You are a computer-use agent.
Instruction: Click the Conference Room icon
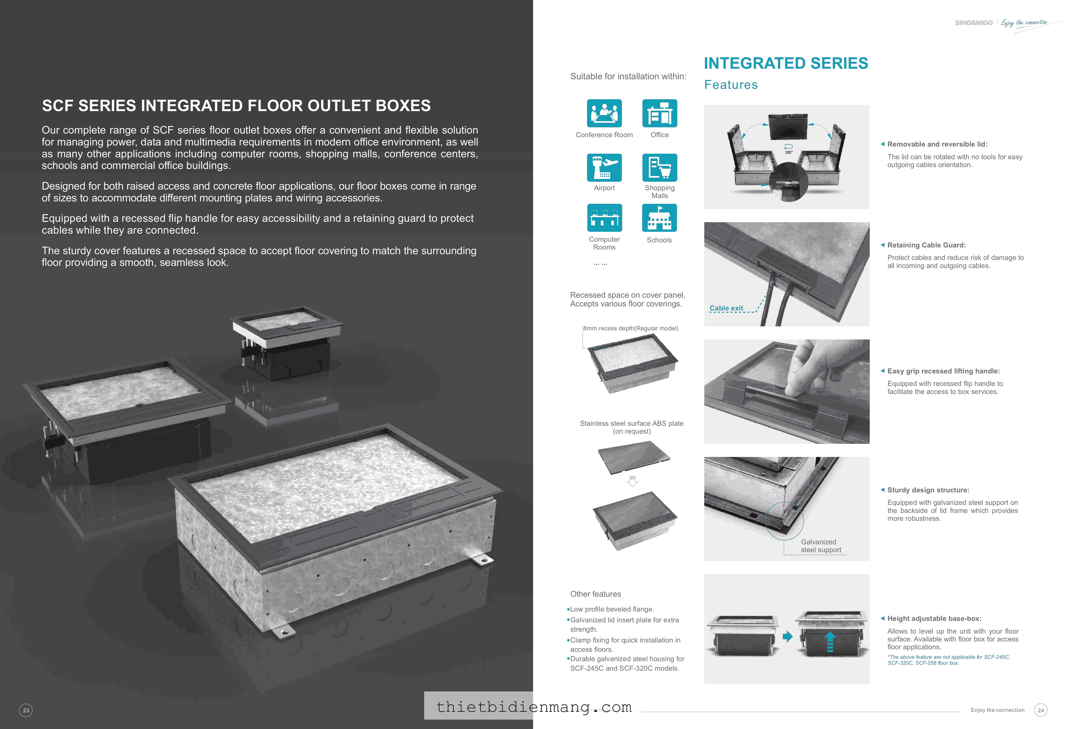coord(604,113)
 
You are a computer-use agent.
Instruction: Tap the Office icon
coord(659,113)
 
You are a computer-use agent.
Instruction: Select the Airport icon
coord(604,168)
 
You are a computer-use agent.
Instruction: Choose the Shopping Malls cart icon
coord(659,168)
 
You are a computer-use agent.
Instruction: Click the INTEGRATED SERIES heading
coord(786,63)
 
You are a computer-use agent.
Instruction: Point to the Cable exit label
coord(726,308)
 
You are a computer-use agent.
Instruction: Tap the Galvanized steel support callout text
coord(821,546)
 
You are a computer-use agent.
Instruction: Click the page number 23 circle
coord(26,710)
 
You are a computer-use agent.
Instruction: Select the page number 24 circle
coord(1040,710)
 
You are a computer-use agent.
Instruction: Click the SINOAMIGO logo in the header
coord(973,23)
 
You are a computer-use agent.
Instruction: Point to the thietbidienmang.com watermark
coord(533,707)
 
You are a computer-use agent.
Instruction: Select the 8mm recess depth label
coord(631,328)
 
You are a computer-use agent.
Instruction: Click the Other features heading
coord(595,594)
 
